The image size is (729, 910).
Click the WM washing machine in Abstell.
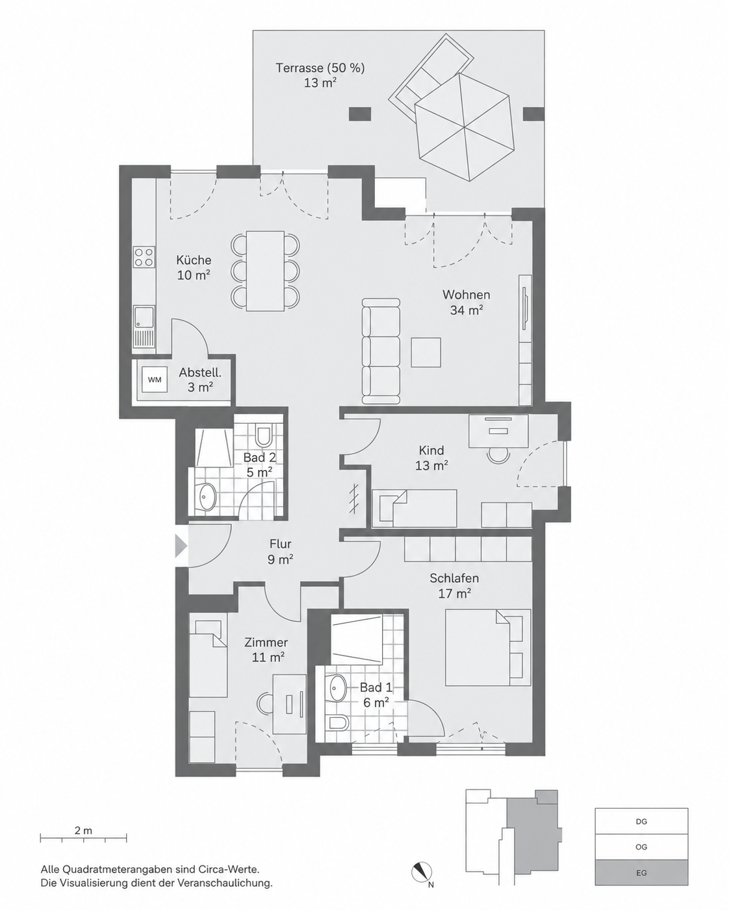(154, 379)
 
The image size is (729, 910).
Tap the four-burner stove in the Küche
(144, 257)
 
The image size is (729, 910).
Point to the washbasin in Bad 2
(207, 497)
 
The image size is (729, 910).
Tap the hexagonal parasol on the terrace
(465, 127)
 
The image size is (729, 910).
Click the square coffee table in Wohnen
(426, 352)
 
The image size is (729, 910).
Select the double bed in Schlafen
(488, 647)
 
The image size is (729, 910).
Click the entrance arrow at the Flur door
(181, 546)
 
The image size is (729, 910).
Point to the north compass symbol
(422, 872)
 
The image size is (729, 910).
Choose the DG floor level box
(641, 821)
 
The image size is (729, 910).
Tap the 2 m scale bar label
(83, 831)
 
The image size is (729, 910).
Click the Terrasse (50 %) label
(320, 68)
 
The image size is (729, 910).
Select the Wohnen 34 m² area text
(467, 302)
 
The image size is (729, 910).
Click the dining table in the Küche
(265, 271)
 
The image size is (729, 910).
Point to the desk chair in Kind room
(498, 455)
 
